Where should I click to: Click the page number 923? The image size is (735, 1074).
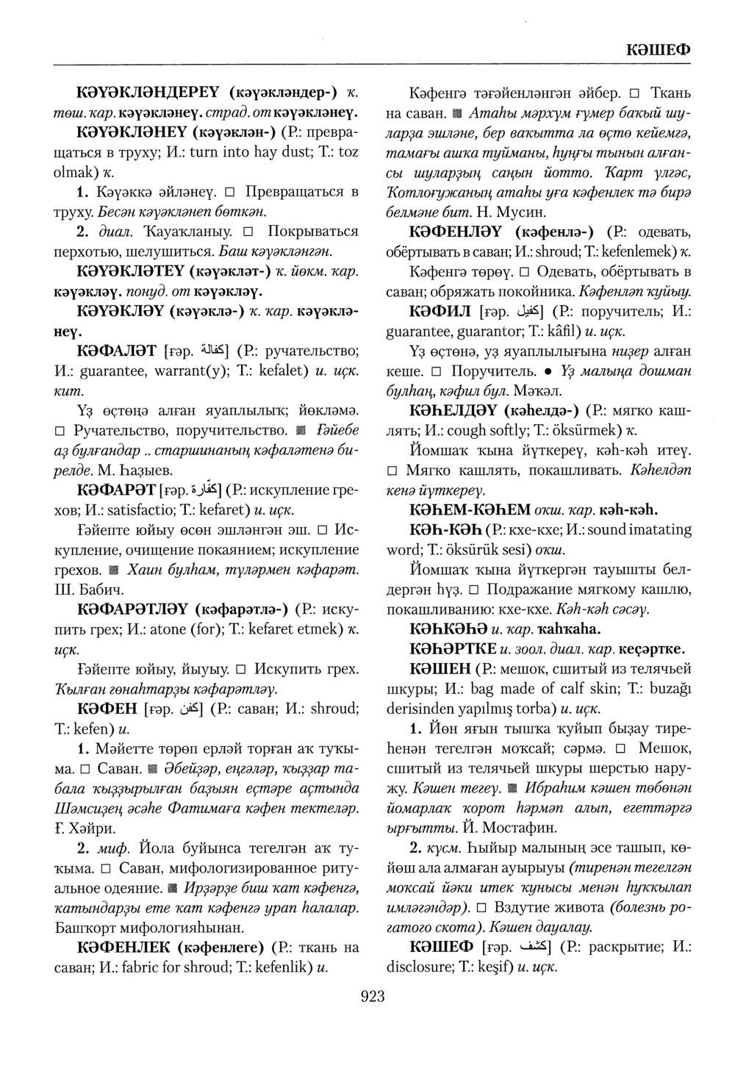[x=373, y=997]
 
